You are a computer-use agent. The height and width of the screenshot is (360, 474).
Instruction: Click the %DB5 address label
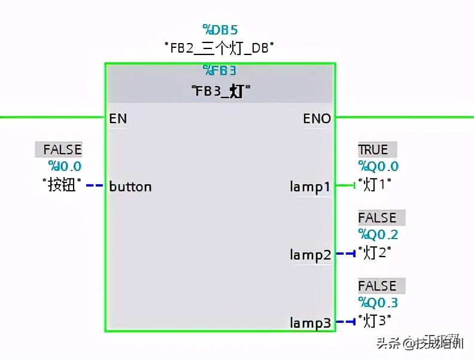coord(220,29)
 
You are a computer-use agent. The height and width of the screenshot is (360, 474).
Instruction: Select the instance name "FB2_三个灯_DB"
coord(220,48)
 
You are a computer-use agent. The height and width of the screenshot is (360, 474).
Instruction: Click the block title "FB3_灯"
coord(220,91)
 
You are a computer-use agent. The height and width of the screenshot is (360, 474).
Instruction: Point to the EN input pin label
coord(118,118)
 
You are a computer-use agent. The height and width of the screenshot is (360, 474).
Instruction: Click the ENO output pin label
coord(317,118)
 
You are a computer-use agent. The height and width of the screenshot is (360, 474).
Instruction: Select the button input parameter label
coord(130,187)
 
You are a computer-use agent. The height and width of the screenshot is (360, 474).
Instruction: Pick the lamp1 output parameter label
coord(310,187)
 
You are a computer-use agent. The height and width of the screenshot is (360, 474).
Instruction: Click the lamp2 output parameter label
coord(310,255)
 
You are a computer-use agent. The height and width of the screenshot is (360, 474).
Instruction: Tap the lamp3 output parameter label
coord(310,324)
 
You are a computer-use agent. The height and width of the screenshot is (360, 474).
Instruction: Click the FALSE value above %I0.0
coord(62,150)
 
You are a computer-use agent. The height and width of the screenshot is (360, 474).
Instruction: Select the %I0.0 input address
coord(65,167)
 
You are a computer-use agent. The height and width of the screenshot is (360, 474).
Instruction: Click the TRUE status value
coord(373,150)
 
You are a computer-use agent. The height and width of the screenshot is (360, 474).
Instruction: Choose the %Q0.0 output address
coord(378,167)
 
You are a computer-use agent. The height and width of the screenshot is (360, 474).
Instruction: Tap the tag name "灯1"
coord(375,185)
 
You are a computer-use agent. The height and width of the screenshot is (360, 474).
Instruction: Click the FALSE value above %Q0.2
coord(377,218)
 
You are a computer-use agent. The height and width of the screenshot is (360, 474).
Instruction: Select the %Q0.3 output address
coord(378,303)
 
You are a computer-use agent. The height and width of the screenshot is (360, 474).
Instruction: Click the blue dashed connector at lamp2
coord(346,254)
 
